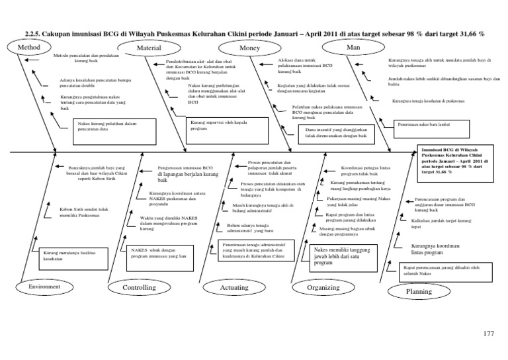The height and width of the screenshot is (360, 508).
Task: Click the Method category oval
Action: click(x=30, y=48)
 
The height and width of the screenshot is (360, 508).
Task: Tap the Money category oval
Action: click(x=249, y=48)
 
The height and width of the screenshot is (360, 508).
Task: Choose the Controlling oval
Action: click(x=140, y=288)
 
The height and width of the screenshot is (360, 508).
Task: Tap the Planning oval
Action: click(x=418, y=291)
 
